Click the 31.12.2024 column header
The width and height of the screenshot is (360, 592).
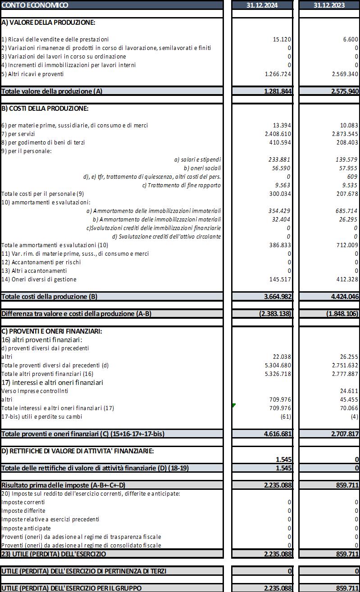262,5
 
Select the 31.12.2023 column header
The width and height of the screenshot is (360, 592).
329,5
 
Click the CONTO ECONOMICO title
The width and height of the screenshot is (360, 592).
35,5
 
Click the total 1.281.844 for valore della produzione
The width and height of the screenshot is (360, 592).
278,91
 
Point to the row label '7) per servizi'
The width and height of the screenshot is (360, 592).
18,134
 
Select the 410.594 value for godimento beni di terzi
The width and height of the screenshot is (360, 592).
280,142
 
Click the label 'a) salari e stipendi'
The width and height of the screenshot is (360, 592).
197,159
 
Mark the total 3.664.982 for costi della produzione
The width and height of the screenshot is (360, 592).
278,297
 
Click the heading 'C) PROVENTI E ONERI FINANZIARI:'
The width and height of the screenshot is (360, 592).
52,331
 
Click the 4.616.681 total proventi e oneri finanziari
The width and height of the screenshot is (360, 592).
278,434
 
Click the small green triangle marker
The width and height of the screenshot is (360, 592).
233,406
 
